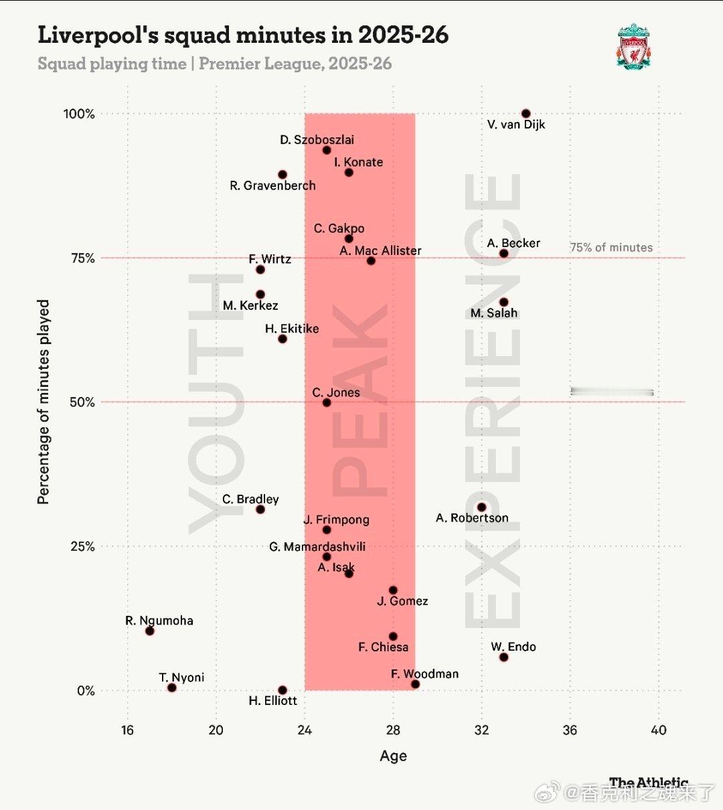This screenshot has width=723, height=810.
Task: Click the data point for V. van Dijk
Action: click(x=526, y=114)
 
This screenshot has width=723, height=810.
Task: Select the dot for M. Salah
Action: click(x=503, y=303)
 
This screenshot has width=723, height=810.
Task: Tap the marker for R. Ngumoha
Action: click(x=150, y=631)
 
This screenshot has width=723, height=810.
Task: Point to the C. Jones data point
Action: click(x=327, y=403)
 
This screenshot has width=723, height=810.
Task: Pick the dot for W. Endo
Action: click(x=503, y=657)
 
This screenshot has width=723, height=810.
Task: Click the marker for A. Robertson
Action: click(x=481, y=507)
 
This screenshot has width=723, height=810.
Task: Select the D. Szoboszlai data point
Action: click(x=327, y=150)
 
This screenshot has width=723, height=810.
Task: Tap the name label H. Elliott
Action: click(x=272, y=701)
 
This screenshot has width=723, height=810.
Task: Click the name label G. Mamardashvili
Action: click(x=317, y=547)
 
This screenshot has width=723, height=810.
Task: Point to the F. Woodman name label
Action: click(x=424, y=674)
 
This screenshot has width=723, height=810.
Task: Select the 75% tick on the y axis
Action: click(x=83, y=258)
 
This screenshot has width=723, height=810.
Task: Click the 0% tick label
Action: click(x=86, y=691)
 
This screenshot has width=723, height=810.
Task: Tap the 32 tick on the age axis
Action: click(x=481, y=730)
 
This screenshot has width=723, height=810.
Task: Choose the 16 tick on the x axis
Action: click(x=127, y=730)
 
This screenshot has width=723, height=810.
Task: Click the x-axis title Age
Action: click(x=393, y=756)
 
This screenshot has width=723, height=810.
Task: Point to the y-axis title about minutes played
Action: click(x=44, y=402)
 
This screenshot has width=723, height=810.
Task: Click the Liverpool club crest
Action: click(x=633, y=46)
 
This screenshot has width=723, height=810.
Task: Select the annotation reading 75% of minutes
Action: click(x=611, y=248)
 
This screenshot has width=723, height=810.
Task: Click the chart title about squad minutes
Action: click(x=243, y=35)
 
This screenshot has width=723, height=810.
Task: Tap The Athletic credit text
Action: click(x=648, y=783)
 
